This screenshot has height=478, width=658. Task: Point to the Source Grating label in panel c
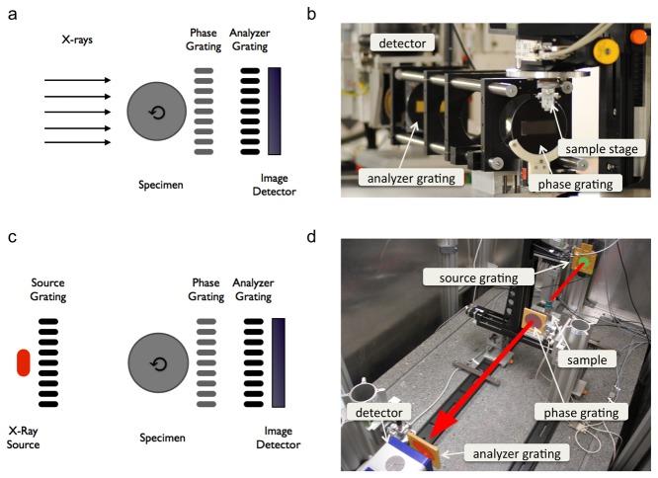click(x=47, y=290)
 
